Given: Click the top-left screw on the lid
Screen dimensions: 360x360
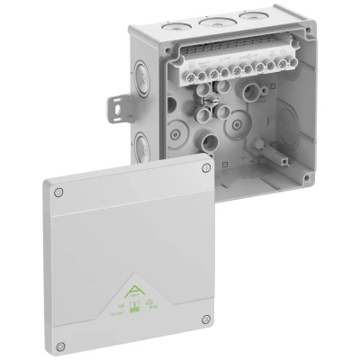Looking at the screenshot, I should coord(59,192).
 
